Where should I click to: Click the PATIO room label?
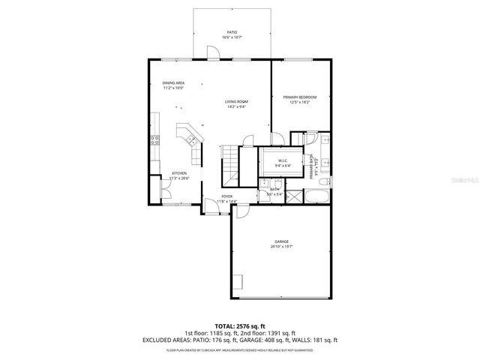pyautogui.click(x=232, y=32)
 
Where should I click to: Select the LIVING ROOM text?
pyautogui.click(x=236, y=102)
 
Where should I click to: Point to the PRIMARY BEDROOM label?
pyautogui.click(x=299, y=97)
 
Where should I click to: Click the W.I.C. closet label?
pyautogui.click(x=283, y=160)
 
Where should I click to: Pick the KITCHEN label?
pyautogui.click(x=168, y=173)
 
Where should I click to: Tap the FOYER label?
pyautogui.click(x=226, y=196)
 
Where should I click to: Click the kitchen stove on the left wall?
pyautogui.click(x=154, y=139)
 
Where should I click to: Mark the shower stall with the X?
pyautogui.click(x=295, y=197)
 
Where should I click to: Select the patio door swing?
pyautogui.click(x=212, y=51)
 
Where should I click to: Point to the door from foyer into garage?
pyautogui.click(x=241, y=211)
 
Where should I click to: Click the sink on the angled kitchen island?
pyautogui.click(x=190, y=137)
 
